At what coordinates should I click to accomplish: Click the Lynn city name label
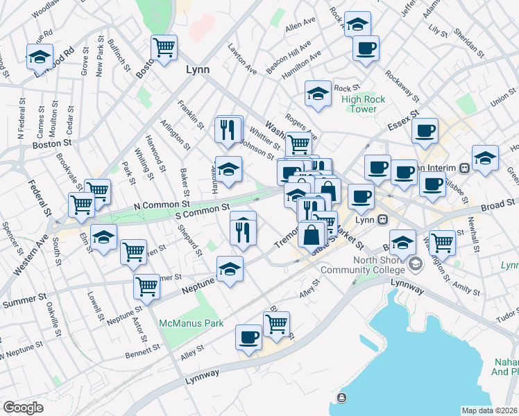(x=198, y=70)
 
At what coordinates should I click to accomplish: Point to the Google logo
(x=23, y=408)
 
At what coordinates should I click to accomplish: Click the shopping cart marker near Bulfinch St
(x=164, y=49)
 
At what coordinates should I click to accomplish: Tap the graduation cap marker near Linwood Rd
(x=40, y=56)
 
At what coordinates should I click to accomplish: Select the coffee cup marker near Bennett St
(x=248, y=338)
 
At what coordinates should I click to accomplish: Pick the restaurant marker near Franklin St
(x=228, y=129)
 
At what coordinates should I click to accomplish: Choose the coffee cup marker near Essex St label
(x=425, y=130)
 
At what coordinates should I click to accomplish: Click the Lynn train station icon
(x=382, y=220)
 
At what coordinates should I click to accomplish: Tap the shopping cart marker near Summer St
(x=146, y=285)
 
